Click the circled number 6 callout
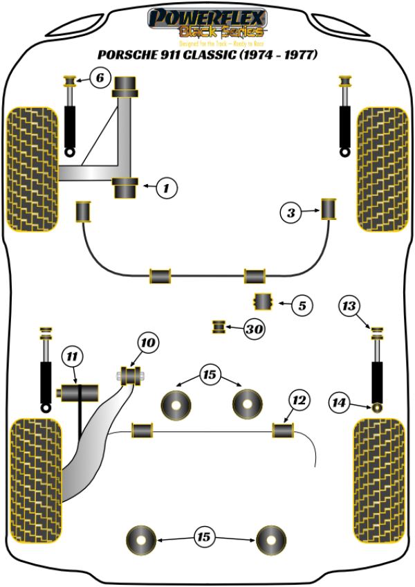coord(99,78)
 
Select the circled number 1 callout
coord(166,186)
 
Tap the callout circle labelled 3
coord(291,214)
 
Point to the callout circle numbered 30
coord(255,329)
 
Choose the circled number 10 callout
coord(148,341)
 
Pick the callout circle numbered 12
coord(299,400)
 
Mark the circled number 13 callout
coord(350,306)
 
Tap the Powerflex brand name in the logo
coord(207,16)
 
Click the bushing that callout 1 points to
coord(126,187)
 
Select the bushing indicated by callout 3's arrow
coord(329,208)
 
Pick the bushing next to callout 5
coord(264,302)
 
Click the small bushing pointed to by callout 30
coord(220,325)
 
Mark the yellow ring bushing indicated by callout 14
coord(378,406)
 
